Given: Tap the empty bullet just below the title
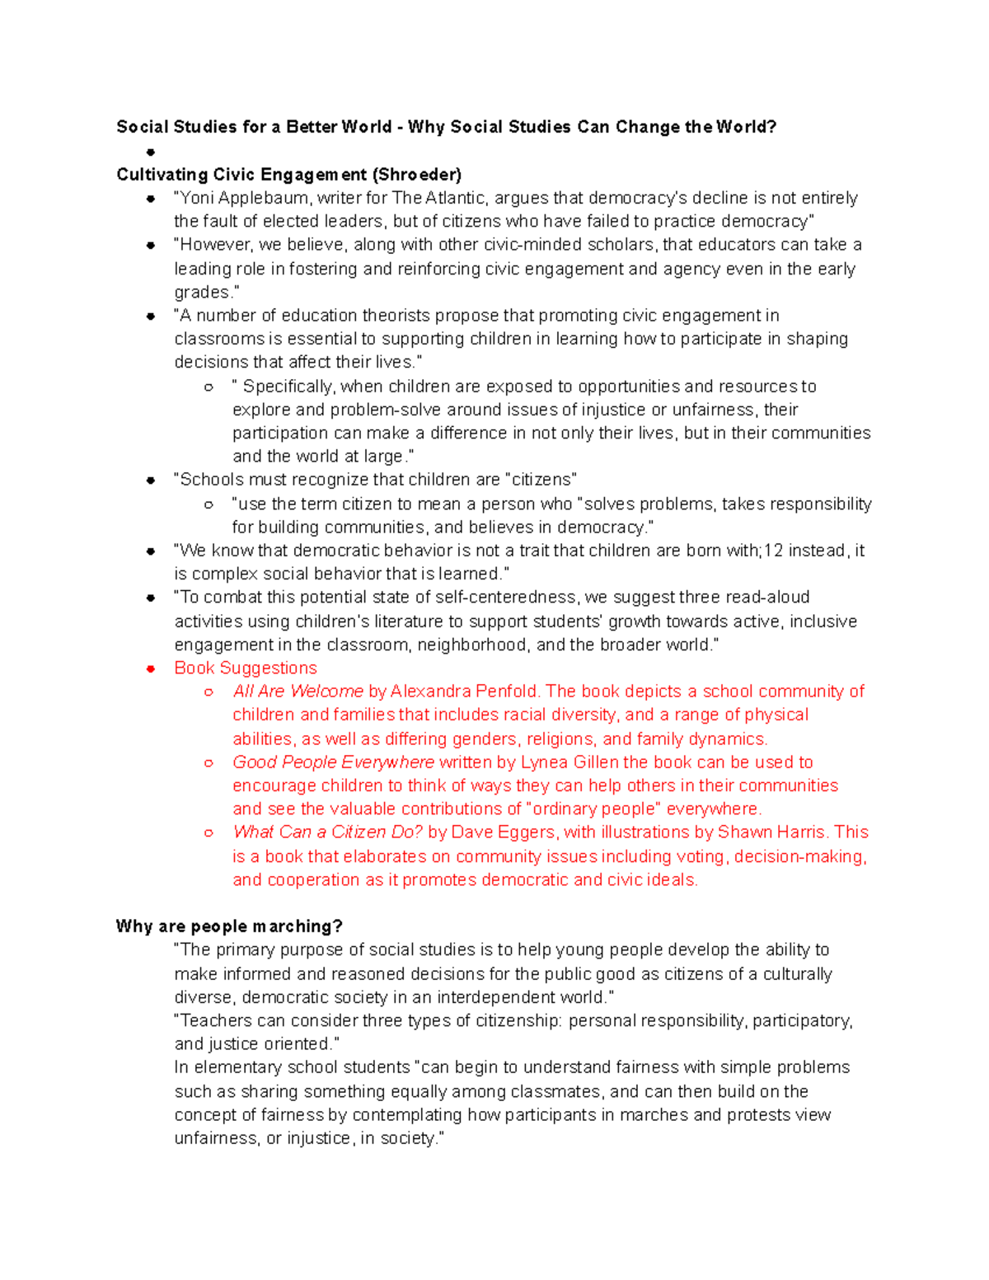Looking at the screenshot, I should [x=151, y=152].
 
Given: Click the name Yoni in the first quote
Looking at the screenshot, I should [x=197, y=199].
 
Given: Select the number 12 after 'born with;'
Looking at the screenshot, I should [x=773, y=551].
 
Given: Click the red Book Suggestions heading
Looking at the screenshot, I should [x=246, y=668].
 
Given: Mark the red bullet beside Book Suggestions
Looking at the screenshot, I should [x=151, y=668].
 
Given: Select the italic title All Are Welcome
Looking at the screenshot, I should [x=298, y=692].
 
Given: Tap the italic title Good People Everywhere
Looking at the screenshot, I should [x=333, y=762].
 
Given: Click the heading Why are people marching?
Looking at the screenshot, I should [x=229, y=926].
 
